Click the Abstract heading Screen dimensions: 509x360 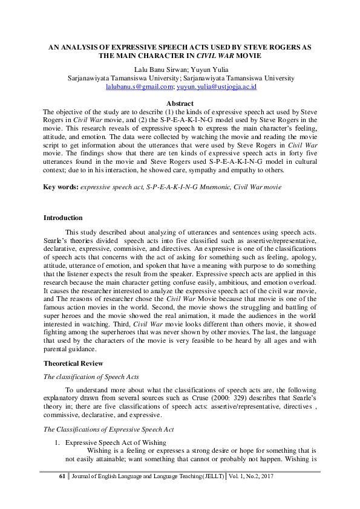[x=180, y=104]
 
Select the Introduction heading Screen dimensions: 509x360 [x=63, y=218]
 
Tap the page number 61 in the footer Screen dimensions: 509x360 [x=61, y=476]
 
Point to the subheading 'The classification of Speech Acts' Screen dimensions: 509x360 [x=92, y=377]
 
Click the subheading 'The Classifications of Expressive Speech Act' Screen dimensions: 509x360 [x=110, y=429]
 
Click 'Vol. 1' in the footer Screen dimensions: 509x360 [x=235, y=476]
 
